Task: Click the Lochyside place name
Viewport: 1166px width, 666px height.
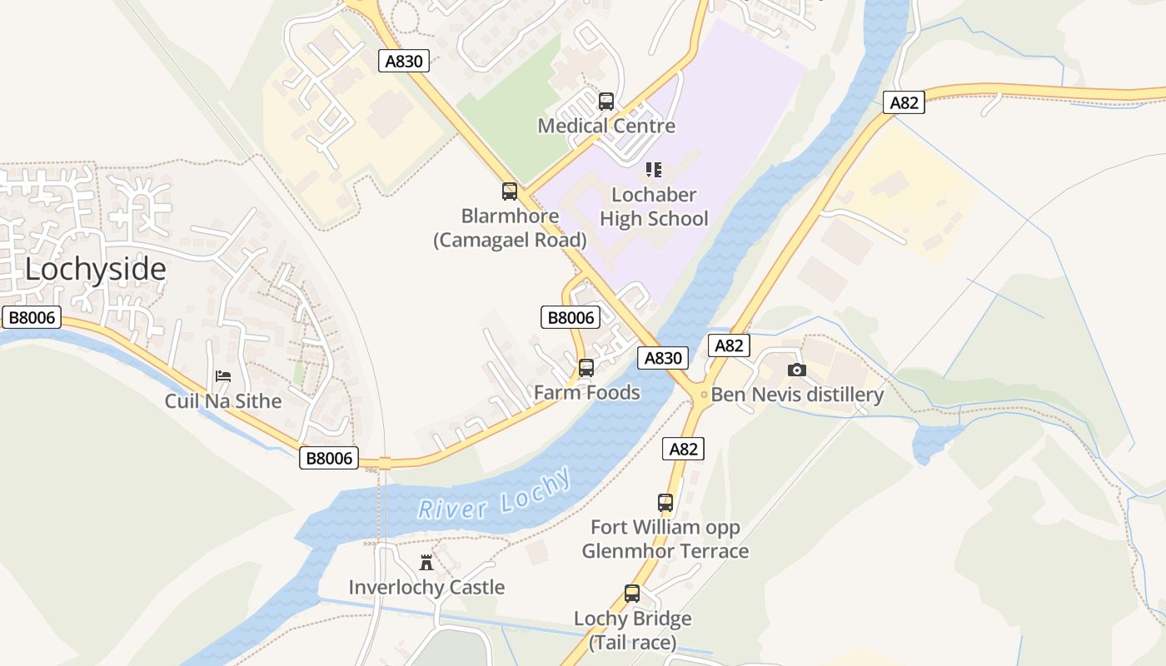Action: [95, 270]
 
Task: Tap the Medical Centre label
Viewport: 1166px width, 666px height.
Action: [606, 127]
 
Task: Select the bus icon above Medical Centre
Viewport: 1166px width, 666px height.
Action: [606, 102]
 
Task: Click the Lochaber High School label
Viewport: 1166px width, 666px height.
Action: [654, 206]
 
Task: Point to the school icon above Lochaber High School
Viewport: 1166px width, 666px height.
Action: [654, 170]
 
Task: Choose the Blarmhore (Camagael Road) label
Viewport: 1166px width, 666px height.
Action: [510, 228]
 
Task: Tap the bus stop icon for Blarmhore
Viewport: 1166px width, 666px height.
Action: [510, 191]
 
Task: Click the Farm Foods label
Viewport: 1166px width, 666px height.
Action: [586, 393]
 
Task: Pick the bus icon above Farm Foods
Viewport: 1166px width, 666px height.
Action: [586, 367]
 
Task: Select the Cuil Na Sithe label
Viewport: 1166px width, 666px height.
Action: [223, 401]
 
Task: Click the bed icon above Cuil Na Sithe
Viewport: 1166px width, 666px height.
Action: [223, 376]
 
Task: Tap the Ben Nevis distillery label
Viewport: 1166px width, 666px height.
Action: [797, 395]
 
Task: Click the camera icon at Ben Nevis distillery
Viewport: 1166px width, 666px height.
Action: [797, 370]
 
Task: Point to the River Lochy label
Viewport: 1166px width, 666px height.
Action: [495, 496]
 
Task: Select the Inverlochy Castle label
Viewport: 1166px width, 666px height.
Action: [426, 588]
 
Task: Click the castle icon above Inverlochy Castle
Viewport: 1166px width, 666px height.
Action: [426, 562]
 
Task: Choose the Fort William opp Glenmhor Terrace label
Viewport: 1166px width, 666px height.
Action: [665, 539]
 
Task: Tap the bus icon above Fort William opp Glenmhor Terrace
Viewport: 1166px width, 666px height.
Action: [665, 503]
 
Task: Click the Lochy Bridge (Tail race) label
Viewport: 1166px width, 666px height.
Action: [632, 631]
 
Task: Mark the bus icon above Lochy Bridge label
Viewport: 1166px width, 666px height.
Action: [632, 594]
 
